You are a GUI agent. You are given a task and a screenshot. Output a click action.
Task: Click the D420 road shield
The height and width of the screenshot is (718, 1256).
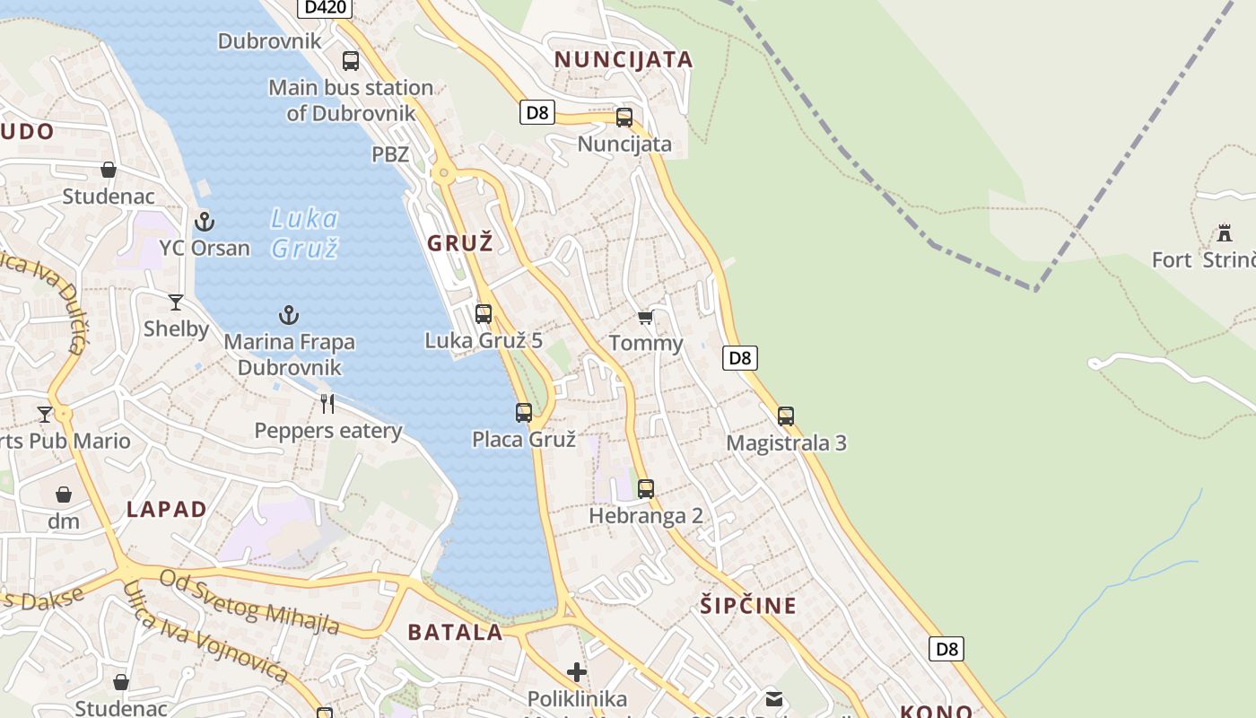click(x=325, y=7)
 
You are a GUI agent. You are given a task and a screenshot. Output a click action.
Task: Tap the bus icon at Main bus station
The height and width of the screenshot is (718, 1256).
click(x=351, y=61)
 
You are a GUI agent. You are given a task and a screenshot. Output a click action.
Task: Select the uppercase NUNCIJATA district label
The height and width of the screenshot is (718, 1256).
click(x=624, y=60)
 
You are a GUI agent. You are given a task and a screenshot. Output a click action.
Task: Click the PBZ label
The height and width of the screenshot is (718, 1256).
click(x=390, y=154)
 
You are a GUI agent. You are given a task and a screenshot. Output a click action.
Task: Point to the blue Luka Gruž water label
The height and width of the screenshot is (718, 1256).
click(x=305, y=232)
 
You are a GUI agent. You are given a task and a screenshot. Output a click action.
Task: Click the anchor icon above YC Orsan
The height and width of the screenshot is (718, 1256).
click(x=205, y=221)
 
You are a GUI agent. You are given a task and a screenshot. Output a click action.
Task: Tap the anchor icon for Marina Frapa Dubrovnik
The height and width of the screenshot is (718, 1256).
click(x=289, y=315)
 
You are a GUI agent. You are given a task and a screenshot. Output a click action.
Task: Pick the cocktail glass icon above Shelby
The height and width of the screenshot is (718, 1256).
click(x=176, y=302)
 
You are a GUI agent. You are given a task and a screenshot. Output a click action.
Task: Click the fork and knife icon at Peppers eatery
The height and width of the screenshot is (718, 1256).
click(x=328, y=404)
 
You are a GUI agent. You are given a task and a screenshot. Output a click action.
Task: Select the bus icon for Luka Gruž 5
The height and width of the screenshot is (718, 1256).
click(x=484, y=314)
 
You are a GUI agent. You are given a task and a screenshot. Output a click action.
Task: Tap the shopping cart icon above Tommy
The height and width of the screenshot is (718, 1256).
click(x=646, y=318)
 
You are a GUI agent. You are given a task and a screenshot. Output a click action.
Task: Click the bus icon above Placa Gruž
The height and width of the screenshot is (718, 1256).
click(x=524, y=413)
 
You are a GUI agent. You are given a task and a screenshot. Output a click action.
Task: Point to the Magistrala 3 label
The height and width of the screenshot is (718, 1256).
click(x=786, y=442)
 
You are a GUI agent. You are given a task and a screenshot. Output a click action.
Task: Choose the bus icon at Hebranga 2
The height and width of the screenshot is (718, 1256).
click(x=646, y=489)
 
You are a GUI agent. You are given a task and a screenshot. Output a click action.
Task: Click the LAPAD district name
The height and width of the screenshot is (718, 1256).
click(x=167, y=510)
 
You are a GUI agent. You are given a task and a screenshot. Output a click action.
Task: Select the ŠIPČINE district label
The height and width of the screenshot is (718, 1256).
click(x=748, y=606)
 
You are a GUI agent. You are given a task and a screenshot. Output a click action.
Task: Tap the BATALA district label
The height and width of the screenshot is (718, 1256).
click(x=456, y=632)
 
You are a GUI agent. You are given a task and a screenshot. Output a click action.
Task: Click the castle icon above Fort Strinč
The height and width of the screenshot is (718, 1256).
click(x=1224, y=234)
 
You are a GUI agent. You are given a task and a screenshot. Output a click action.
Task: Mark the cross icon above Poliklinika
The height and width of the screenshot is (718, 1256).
click(x=577, y=671)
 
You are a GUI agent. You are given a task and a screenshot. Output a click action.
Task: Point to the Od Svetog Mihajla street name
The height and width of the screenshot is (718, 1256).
click(x=249, y=601)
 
